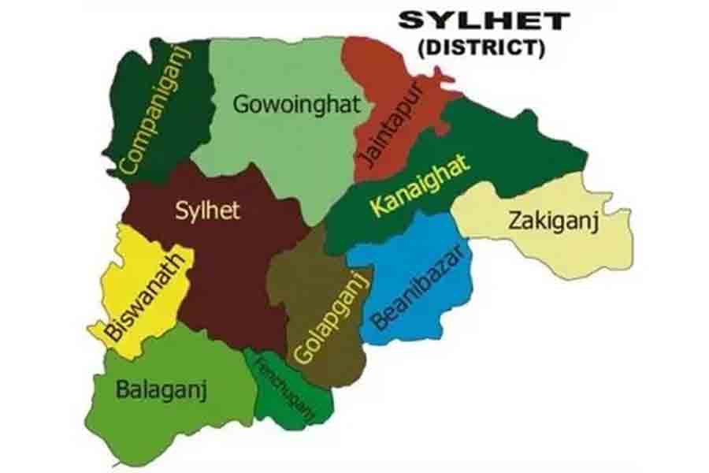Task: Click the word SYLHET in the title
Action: pyautogui.click(x=483, y=20)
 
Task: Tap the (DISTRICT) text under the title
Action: pyautogui.click(x=481, y=47)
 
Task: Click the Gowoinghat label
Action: pyautogui.click(x=296, y=103)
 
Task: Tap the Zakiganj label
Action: pyautogui.click(x=554, y=221)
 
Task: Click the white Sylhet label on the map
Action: pyautogui.click(x=206, y=210)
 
